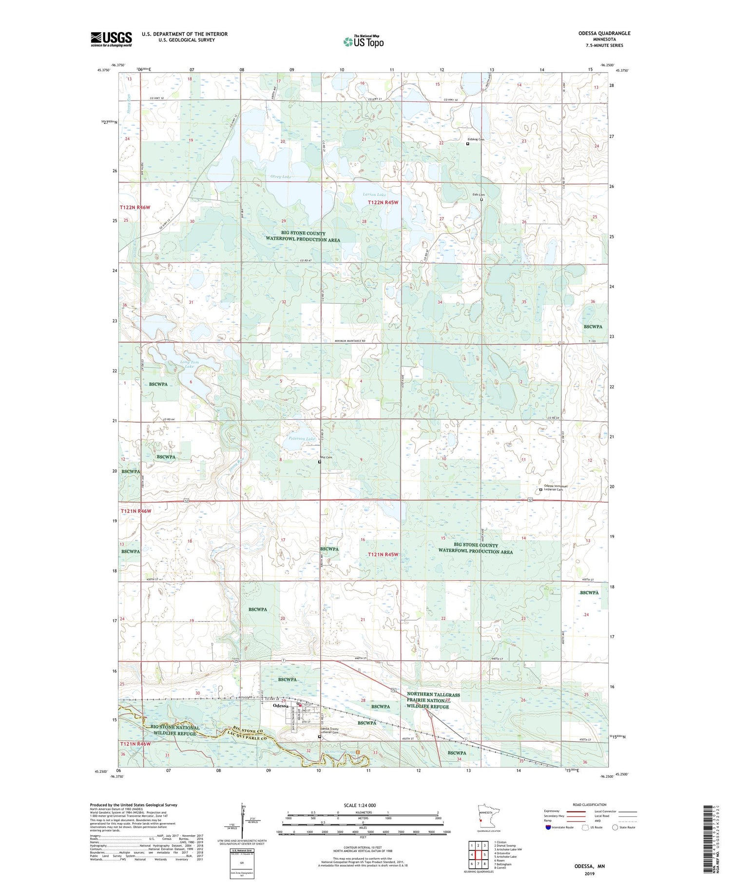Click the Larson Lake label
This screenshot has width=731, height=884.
374,195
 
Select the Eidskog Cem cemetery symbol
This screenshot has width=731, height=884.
467,144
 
